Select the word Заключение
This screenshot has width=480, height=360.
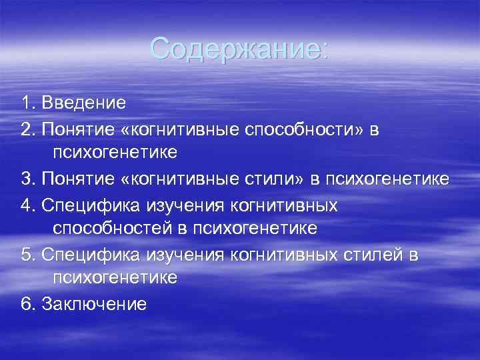[x=94, y=305]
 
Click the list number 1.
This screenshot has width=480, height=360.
[x=26, y=103]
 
